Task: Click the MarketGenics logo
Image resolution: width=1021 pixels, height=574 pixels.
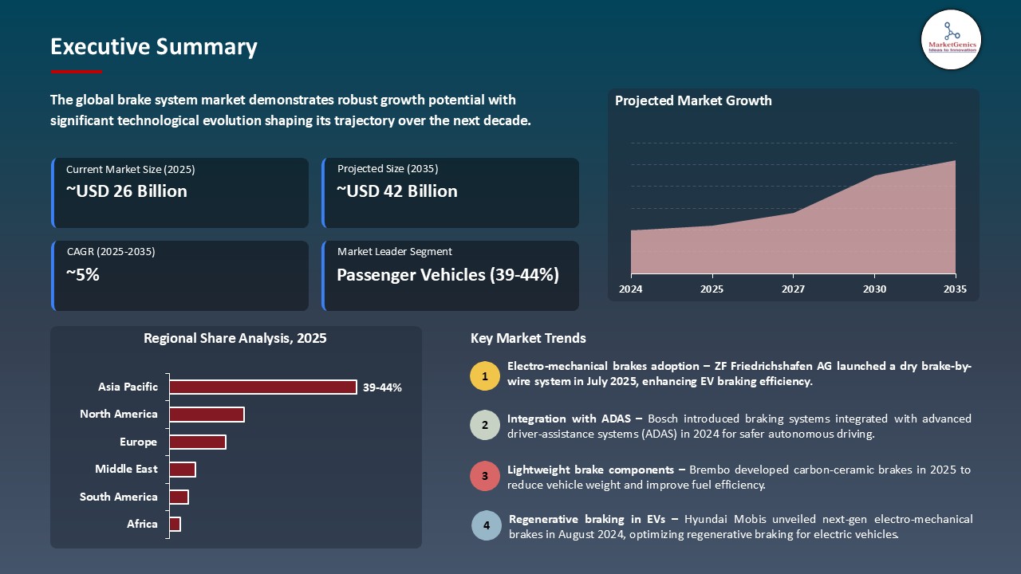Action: coord(951,39)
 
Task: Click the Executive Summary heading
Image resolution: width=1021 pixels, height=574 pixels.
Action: coord(154,47)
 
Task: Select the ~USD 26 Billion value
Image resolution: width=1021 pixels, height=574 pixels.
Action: coord(127,191)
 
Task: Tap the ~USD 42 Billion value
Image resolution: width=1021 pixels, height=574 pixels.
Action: coord(397,191)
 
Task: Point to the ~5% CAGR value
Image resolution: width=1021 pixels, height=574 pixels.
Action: coord(83,275)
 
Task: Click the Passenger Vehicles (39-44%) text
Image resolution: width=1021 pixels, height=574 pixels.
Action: coord(447,275)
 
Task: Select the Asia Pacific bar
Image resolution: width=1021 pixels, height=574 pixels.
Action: coord(263,387)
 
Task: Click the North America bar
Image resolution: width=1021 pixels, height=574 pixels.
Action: coord(207,415)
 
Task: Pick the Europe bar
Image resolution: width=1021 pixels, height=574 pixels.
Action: coord(198,442)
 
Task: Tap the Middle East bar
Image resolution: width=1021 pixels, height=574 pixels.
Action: coord(183,470)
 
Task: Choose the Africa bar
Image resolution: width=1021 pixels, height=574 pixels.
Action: coord(175,524)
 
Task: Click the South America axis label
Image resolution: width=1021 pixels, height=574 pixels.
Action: coord(119,497)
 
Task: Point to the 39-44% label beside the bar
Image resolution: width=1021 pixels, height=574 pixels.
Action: coord(382,387)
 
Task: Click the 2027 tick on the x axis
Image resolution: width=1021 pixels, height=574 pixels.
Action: coord(793,289)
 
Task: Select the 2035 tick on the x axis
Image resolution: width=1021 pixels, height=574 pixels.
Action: coord(954,289)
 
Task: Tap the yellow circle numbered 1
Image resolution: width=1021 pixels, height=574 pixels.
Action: coord(485,375)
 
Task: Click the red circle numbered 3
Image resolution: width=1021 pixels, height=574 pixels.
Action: coord(485,477)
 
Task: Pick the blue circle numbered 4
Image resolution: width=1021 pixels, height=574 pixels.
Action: coord(486,526)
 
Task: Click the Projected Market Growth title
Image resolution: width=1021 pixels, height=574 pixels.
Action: coord(693,100)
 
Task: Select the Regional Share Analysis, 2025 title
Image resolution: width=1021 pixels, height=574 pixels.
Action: coord(235,338)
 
